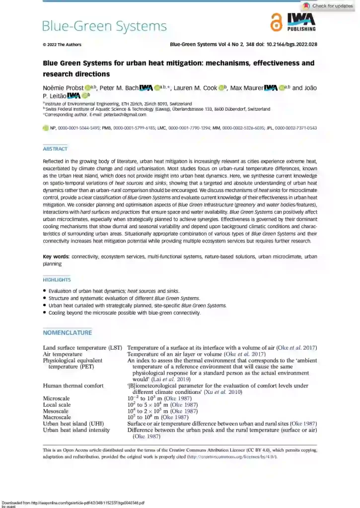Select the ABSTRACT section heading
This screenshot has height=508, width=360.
pyautogui.click(x=55, y=149)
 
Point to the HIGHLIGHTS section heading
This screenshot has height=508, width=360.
pyautogui.click(x=57, y=280)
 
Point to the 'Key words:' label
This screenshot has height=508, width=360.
pyautogui.click(x=56, y=256)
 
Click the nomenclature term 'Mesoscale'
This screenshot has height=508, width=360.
pyautogui.click(x=56, y=411)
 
